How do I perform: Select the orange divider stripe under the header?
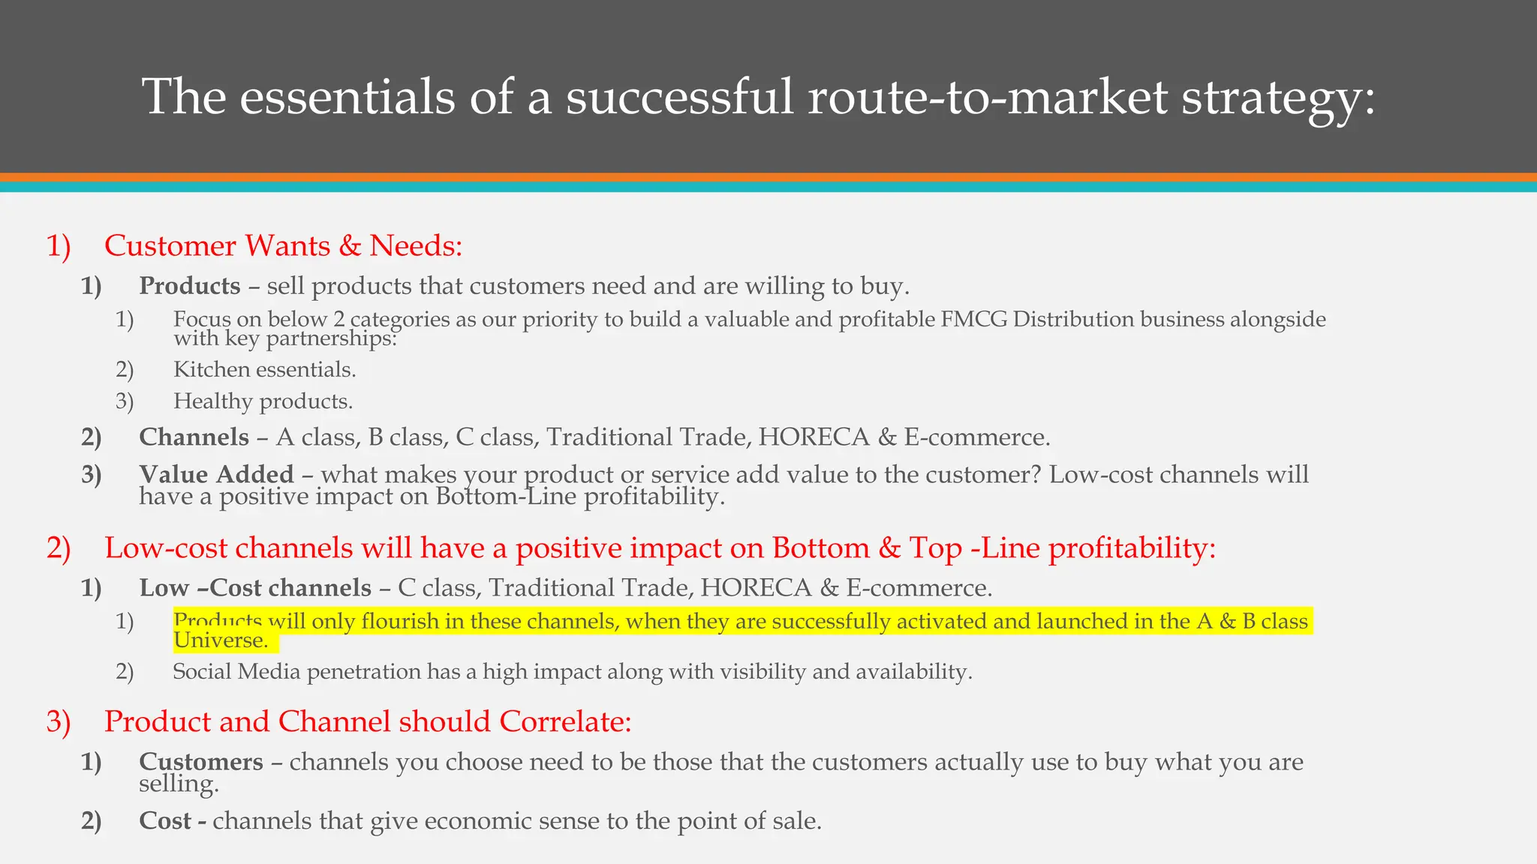point(768,178)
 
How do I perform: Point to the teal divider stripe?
point(768,187)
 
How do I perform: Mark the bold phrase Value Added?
point(216,475)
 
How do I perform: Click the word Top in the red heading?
point(935,548)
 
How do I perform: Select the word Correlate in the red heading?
point(565,721)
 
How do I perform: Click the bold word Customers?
point(201,762)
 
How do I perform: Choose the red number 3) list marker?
point(59,721)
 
